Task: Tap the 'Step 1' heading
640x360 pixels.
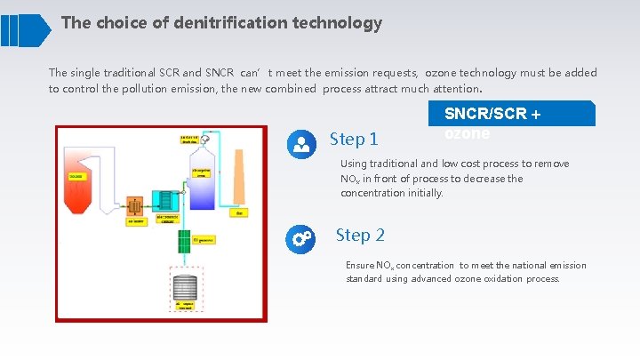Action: pos(354,139)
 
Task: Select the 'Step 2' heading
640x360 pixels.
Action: pos(360,236)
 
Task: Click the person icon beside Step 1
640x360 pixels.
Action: pos(302,143)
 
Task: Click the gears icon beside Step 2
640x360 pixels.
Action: pos(300,238)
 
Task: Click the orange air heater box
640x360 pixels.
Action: pos(136,206)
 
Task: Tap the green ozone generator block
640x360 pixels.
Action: pos(184,239)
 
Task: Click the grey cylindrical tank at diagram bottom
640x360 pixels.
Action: pos(183,290)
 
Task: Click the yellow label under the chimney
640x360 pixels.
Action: pos(240,213)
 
